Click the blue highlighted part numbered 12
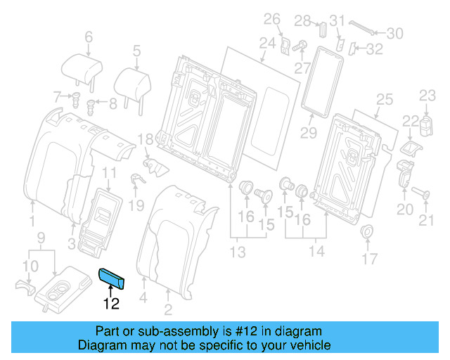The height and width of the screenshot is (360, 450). click(x=113, y=279)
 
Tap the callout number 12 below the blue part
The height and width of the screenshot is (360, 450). click(x=111, y=304)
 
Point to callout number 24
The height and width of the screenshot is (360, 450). click(x=266, y=44)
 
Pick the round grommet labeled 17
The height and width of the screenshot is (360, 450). click(x=366, y=233)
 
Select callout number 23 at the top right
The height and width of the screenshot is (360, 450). click(x=428, y=96)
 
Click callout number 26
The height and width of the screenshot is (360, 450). click(x=271, y=18)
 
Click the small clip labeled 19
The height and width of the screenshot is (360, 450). click(x=136, y=180)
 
